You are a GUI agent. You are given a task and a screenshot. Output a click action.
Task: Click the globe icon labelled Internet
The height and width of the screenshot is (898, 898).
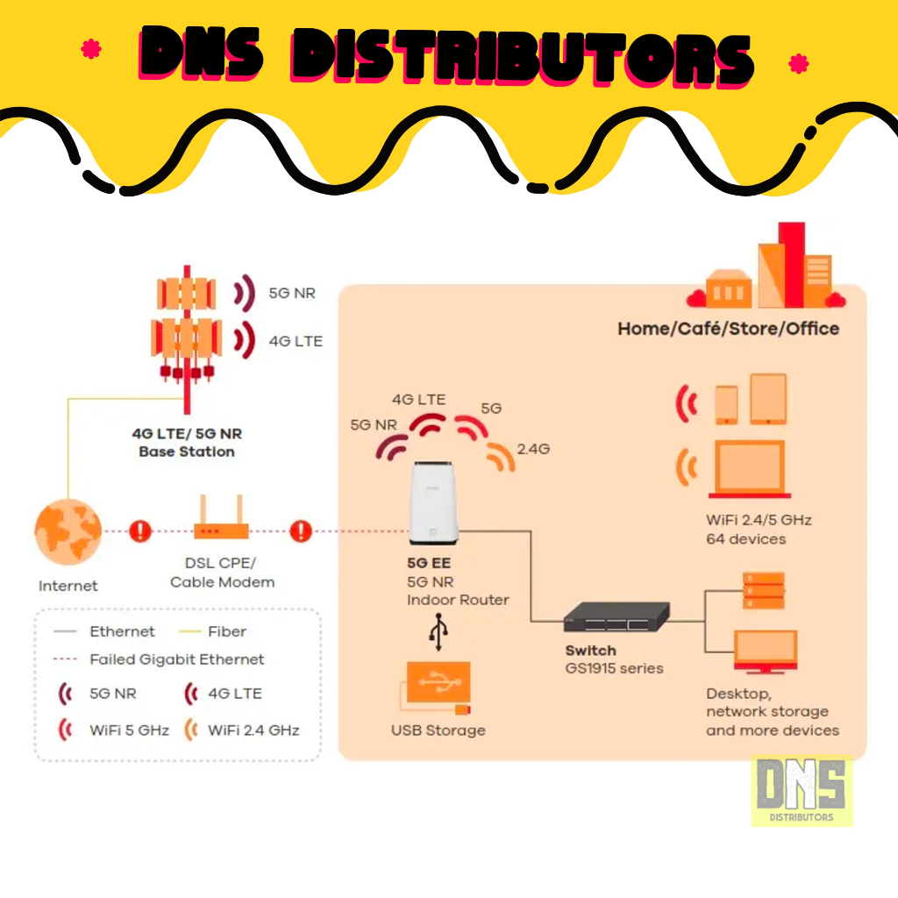[x=68, y=531]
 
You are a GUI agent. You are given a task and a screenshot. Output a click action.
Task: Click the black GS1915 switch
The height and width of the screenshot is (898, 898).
[x=616, y=617]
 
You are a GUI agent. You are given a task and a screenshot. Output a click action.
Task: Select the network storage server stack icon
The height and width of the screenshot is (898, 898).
[x=764, y=590]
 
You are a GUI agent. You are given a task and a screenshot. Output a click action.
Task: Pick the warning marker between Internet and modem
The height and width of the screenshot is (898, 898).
[x=140, y=531]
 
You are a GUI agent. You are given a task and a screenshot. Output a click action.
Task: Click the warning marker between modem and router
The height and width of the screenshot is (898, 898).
[x=301, y=531]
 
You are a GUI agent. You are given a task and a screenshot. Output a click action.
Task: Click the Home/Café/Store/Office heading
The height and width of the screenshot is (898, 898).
[x=728, y=329]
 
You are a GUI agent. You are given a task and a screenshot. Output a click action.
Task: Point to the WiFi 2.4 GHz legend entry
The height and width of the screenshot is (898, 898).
[x=242, y=730]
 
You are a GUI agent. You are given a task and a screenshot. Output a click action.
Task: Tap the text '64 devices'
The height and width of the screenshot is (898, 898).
[x=745, y=538]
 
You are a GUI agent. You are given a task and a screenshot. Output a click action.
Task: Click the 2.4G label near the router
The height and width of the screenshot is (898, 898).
[x=533, y=449]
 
